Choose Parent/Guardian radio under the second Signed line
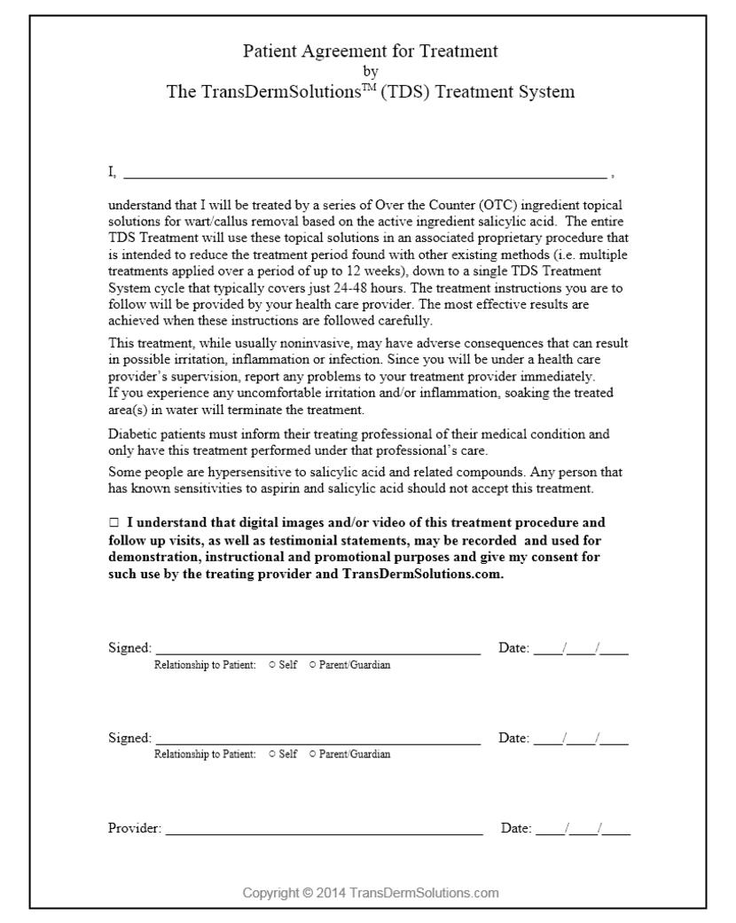click(312, 755)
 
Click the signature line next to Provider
click(324, 832)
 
